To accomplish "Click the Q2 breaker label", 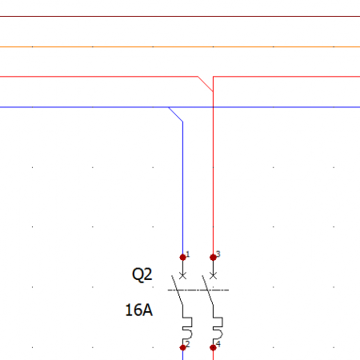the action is tap(142, 274).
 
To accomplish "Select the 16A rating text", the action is tap(139, 310).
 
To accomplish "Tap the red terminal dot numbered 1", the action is tap(182, 258).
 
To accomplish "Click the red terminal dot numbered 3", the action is tap(213, 258).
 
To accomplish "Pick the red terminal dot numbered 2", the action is tap(182, 347).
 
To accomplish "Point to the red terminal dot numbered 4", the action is tap(213, 347).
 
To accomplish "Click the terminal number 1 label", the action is tap(188, 254).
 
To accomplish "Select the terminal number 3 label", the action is tap(218, 254).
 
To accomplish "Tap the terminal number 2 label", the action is tap(188, 344).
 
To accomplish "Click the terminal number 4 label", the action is tap(218, 344).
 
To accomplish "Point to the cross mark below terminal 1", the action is tap(182, 276).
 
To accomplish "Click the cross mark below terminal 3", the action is tap(213, 276).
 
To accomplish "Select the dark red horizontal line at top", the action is tap(180, 16).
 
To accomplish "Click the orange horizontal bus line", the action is tap(180, 47).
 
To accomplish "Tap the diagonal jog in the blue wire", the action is tap(176, 114).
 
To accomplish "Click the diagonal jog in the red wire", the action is tap(206, 84).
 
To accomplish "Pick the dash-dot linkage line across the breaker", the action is tap(198, 290).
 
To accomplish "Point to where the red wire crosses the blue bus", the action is tap(213, 107).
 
